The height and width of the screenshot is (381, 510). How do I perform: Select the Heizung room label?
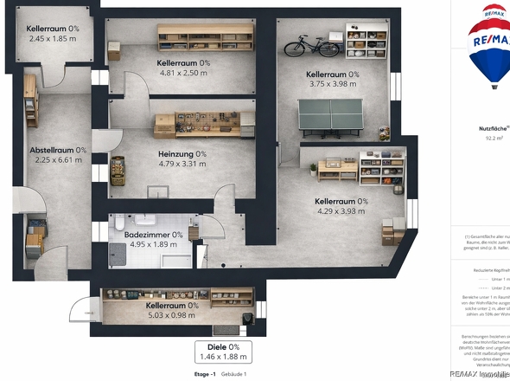(x=182, y=154)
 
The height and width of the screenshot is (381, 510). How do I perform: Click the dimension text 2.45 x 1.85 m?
(x=52, y=39)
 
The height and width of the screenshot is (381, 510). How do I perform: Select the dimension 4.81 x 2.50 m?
(x=183, y=74)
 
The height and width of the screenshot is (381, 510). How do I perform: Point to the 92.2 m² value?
(x=494, y=137)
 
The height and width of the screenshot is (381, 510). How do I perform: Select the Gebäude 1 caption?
(x=233, y=373)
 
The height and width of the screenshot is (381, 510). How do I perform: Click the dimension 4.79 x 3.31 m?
(x=182, y=164)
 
